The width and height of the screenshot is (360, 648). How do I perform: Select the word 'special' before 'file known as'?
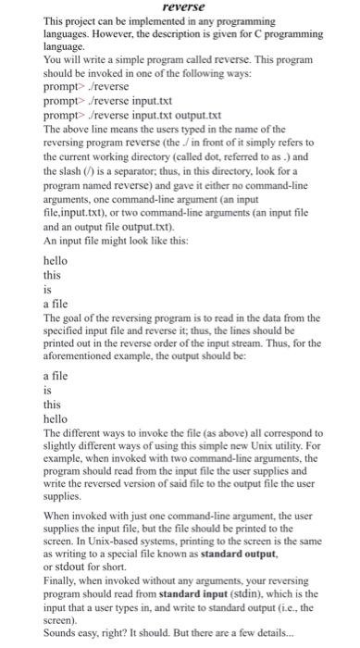130,555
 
